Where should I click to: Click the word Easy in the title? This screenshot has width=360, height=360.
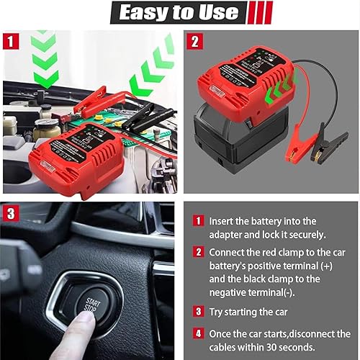[145, 12]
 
